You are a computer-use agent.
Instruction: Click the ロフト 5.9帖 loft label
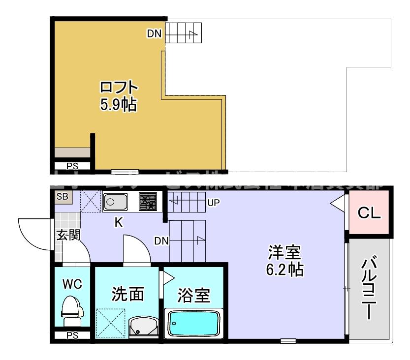click(x=118, y=96)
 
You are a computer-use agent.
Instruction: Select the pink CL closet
click(x=369, y=213)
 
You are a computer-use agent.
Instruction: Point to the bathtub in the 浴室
click(x=196, y=323)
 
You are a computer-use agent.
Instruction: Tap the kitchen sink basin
click(x=115, y=202)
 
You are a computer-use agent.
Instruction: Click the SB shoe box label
click(x=63, y=197)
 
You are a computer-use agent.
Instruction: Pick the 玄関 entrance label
click(x=67, y=235)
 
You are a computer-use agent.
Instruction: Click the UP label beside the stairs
click(x=213, y=202)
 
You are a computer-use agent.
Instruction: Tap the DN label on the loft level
click(x=154, y=33)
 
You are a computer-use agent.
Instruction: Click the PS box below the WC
click(x=72, y=336)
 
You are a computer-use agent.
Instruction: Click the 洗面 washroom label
click(x=127, y=295)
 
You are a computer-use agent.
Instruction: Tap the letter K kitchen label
click(x=119, y=223)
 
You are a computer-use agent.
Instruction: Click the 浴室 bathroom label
click(x=194, y=296)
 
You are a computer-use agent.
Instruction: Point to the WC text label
click(x=72, y=284)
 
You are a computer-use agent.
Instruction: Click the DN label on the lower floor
click(x=161, y=241)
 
